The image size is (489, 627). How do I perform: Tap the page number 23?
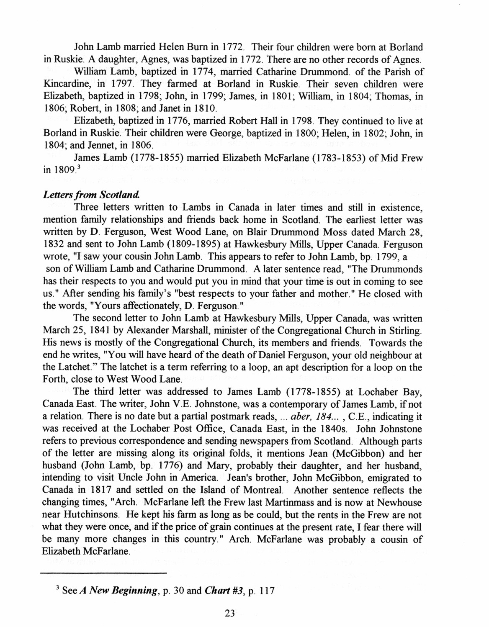pos(229,613)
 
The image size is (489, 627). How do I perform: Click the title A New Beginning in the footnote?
pos(119,591)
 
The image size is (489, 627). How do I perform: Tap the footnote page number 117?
pos(266,591)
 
